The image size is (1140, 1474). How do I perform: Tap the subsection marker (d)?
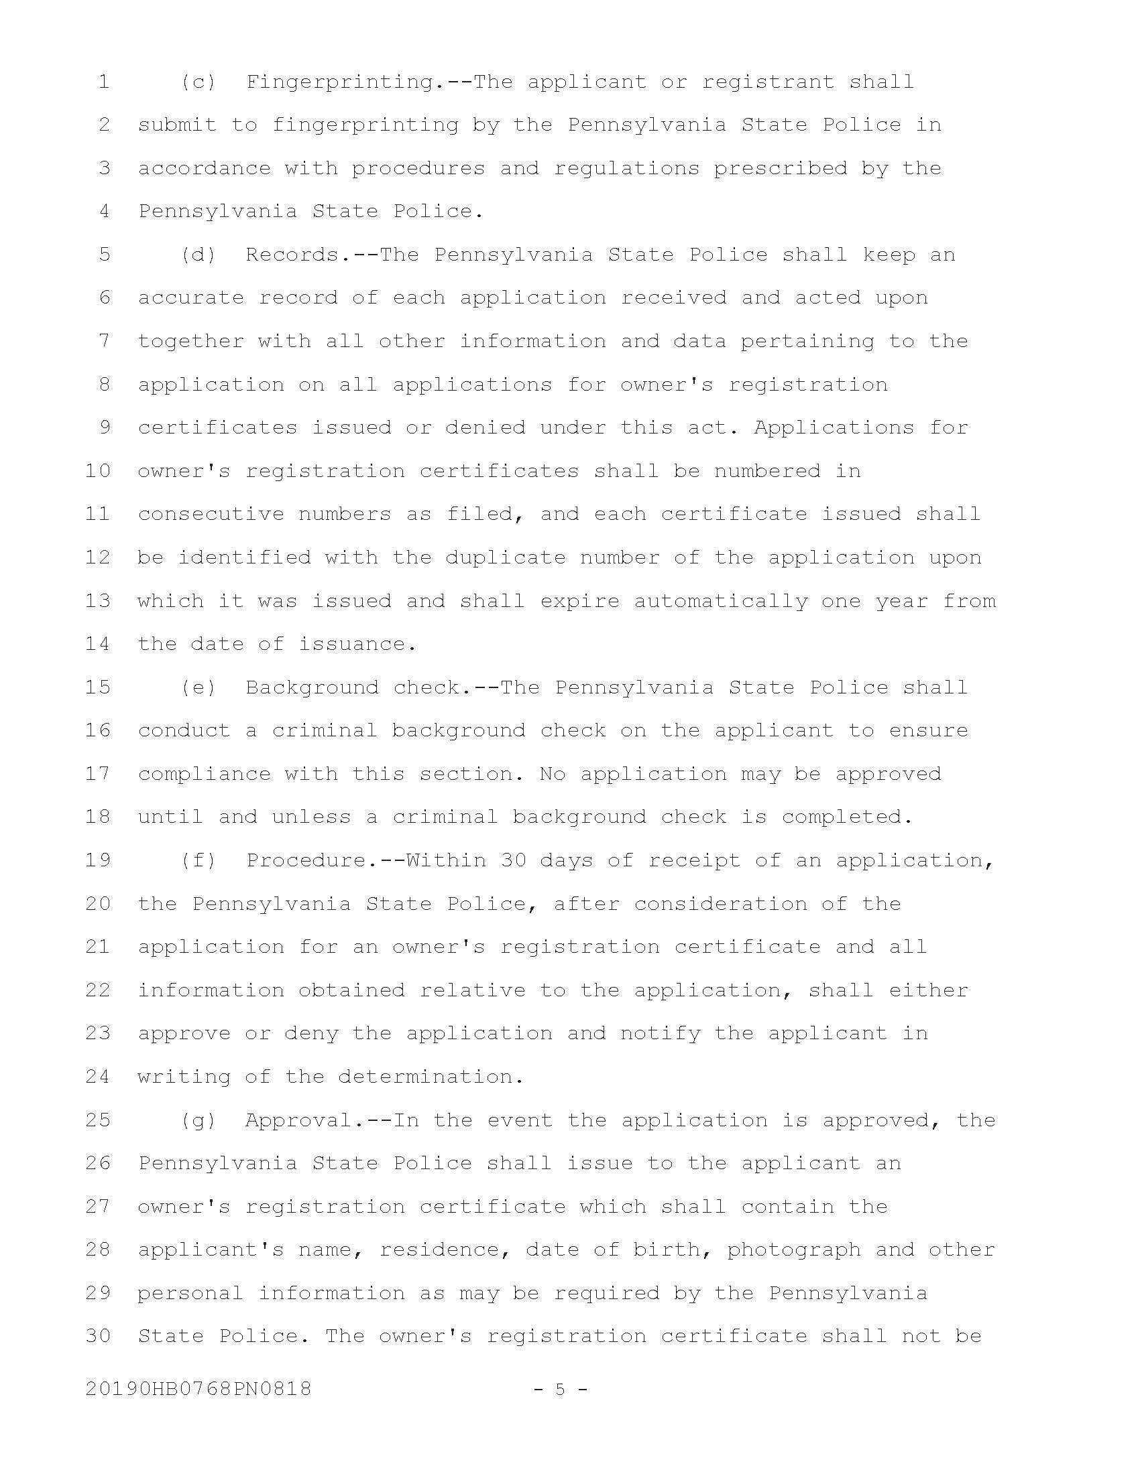coord(198,255)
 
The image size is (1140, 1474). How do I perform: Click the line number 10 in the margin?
coord(98,471)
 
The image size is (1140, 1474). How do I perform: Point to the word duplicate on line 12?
coord(505,558)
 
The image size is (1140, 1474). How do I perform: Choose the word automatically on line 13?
coord(721,602)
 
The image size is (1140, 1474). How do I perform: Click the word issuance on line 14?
coord(357,645)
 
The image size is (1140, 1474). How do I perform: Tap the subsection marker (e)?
coord(198,687)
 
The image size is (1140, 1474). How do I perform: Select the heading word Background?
coord(312,687)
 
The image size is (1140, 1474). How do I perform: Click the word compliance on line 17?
coord(204,774)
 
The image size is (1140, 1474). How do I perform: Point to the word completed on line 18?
coord(847,817)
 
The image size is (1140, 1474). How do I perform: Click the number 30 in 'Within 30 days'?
coord(513,860)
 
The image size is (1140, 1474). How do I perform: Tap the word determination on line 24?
coord(431,1077)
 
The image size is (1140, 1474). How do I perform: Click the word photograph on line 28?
coord(793,1250)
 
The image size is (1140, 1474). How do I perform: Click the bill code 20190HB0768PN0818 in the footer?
coord(198,1389)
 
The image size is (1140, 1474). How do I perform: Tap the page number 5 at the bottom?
coord(560,1389)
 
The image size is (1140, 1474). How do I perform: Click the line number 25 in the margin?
coord(98,1120)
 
